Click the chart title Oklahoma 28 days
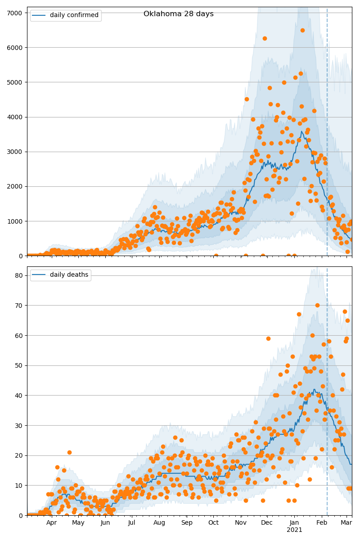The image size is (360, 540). coord(178,14)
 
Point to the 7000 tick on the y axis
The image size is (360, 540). coord(16,13)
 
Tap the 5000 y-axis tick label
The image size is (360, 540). coord(16,82)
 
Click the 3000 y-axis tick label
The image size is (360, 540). coord(16,152)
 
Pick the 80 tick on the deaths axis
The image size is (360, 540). coord(19,275)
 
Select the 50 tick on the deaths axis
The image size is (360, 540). coord(19,365)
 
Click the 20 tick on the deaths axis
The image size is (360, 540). coord(19,455)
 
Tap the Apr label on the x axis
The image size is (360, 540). coord(51,523)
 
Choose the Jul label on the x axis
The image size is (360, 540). coord(132,523)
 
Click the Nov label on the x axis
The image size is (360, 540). coord(241,523)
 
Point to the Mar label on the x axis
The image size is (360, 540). coord(346,523)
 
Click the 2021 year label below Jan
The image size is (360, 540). coord(294,530)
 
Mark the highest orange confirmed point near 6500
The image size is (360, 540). coord(302,31)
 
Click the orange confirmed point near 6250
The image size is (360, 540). coord(265,39)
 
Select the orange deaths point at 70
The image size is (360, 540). coord(317,306)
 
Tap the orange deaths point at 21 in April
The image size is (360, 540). coord(69,452)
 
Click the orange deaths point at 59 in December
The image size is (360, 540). coord(268,338)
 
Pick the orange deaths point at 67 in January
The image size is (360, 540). coord(299,314)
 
